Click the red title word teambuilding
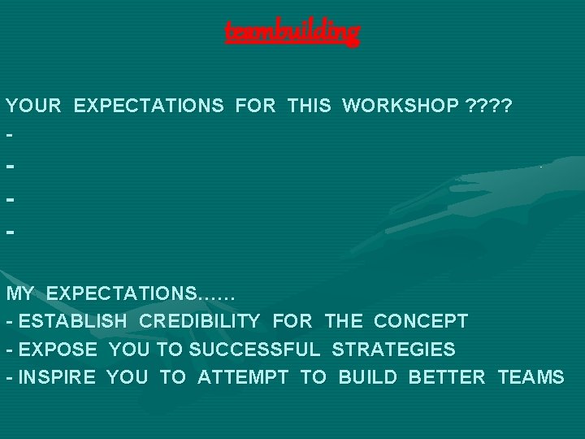click(x=292, y=33)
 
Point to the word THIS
click(x=309, y=106)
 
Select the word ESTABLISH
click(x=73, y=321)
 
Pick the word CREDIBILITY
click(x=200, y=321)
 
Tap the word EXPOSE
click(x=58, y=350)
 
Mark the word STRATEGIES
click(x=393, y=350)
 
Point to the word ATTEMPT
click(x=244, y=377)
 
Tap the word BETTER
click(x=448, y=377)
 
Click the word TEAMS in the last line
click(x=531, y=377)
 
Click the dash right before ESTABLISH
click(x=9, y=322)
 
